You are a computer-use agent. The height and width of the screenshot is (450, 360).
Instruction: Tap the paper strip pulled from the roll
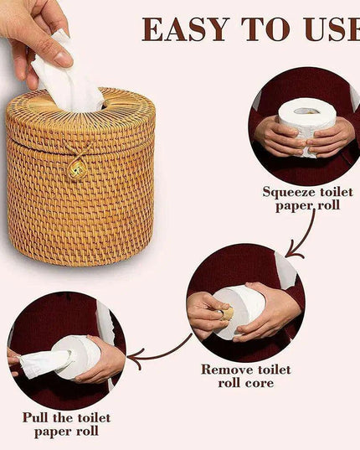(42, 363)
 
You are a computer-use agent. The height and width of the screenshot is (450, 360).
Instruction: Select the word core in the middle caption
(260, 383)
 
